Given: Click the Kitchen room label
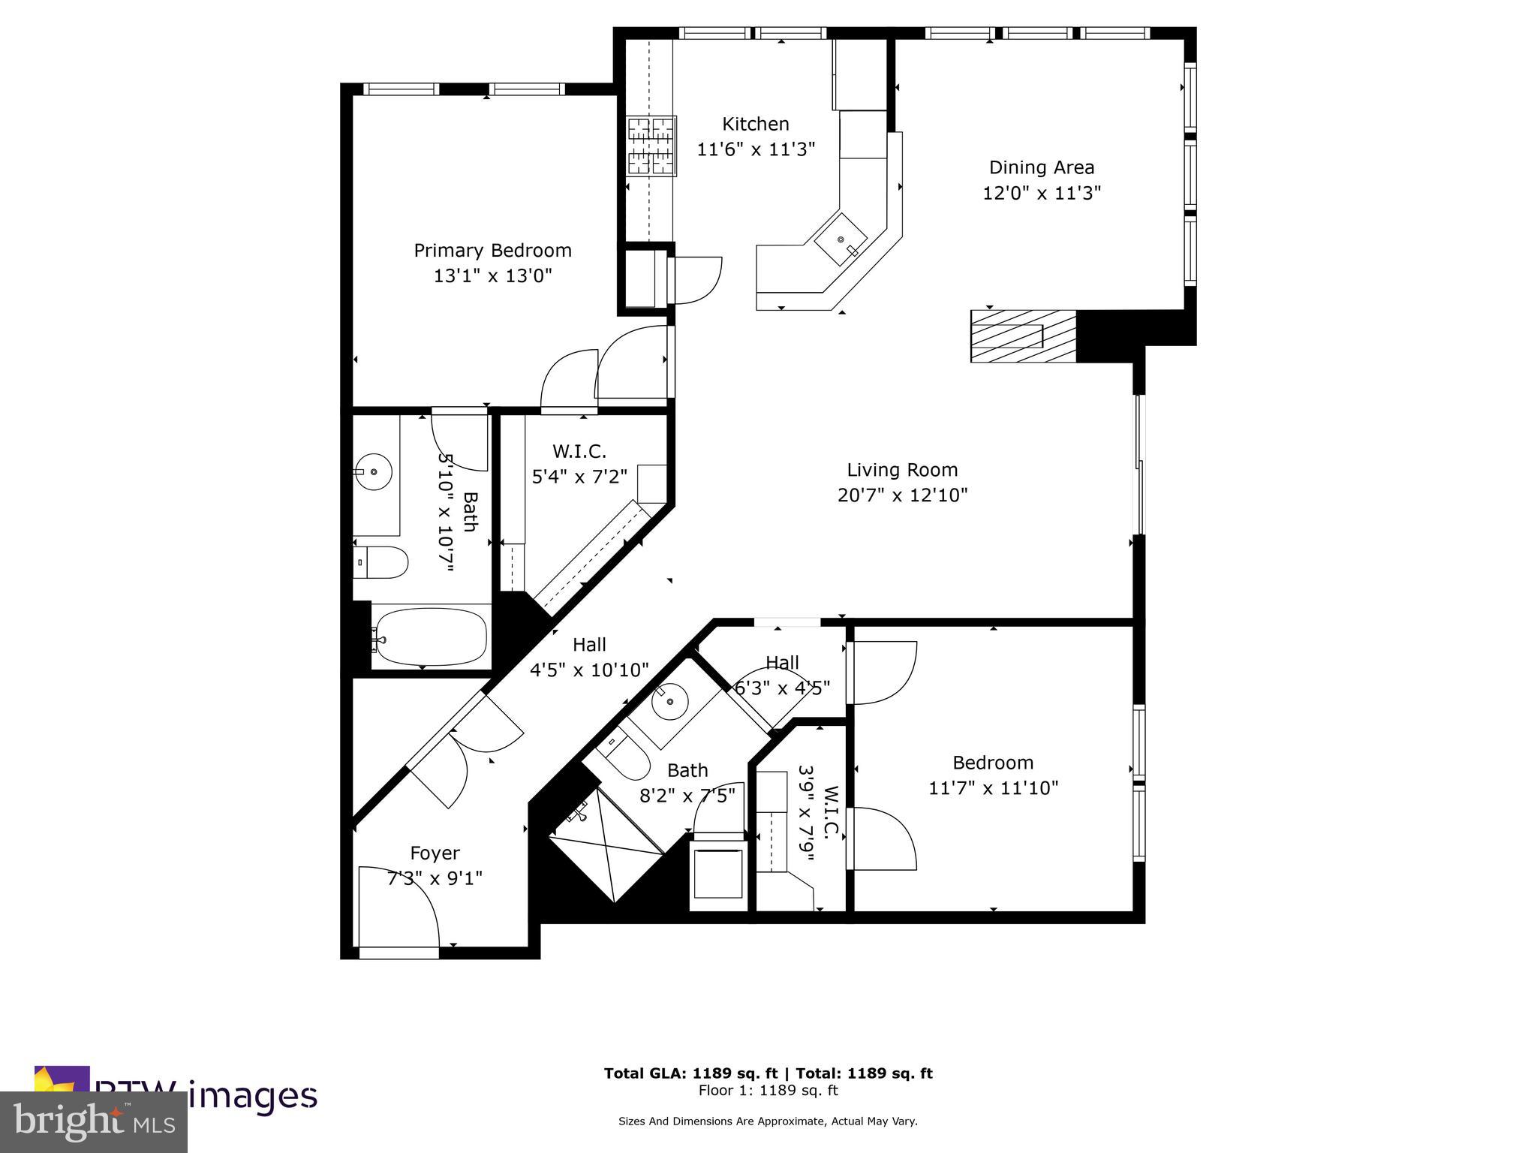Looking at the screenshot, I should pyautogui.click(x=755, y=124).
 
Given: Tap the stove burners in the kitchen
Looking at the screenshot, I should pyautogui.click(x=651, y=146).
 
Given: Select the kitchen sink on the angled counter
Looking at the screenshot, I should pyautogui.click(x=841, y=239).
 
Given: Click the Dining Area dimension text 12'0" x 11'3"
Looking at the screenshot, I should pyautogui.click(x=1042, y=193).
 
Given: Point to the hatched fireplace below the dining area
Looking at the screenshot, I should pyautogui.click(x=1023, y=336).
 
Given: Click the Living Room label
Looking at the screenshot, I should pyautogui.click(x=902, y=470).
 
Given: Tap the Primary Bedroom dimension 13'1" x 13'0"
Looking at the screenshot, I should pyautogui.click(x=492, y=275).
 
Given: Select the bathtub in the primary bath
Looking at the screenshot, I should pyautogui.click(x=431, y=637).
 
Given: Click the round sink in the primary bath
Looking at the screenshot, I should pyautogui.click(x=374, y=472).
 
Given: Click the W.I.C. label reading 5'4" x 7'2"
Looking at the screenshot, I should pyautogui.click(x=579, y=476).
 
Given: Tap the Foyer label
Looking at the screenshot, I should pyautogui.click(x=435, y=853).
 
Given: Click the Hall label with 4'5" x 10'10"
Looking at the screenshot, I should pyautogui.click(x=589, y=669).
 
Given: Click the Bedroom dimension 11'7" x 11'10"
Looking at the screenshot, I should pyautogui.click(x=993, y=787).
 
